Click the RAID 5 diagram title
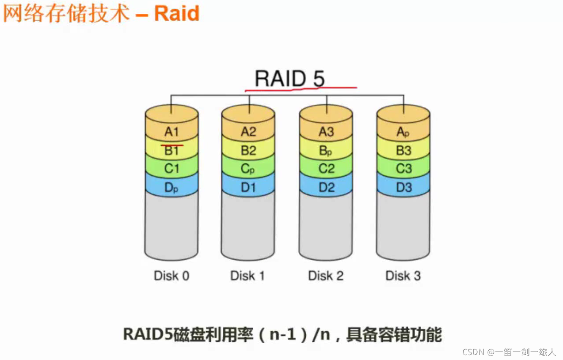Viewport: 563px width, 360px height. tap(290, 79)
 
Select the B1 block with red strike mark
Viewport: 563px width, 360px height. tap(171, 151)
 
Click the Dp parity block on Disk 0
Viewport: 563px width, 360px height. tap(171, 188)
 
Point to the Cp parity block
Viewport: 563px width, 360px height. tap(248, 169)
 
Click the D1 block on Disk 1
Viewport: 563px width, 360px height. tap(248, 188)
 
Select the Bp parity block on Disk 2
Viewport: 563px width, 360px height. tap(326, 151)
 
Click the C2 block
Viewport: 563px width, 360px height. tap(326, 169)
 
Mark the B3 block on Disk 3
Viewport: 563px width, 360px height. tap(403, 151)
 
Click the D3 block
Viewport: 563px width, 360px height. tap(403, 188)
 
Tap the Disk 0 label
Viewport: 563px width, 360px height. tap(171, 276)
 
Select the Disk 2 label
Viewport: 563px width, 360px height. tap(326, 276)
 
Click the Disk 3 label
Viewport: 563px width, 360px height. tap(403, 276)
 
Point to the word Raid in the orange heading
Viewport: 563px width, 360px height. tap(177, 13)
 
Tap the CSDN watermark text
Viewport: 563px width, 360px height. tap(509, 352)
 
